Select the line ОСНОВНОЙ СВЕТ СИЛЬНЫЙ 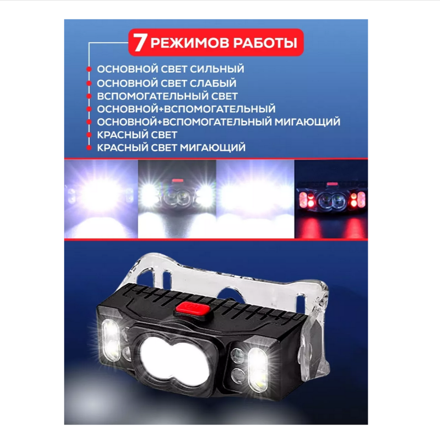pos(170,70)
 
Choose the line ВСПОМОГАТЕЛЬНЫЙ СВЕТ pos(167,96)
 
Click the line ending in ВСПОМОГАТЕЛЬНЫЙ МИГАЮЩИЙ pos(219,122)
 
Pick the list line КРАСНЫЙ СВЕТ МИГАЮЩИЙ pos(171,148)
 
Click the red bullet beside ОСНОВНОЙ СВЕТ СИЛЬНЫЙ pos(89,70)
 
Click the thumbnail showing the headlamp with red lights pos(331,199)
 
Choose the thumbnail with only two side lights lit pos(177,199)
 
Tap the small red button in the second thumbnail pos(177,181)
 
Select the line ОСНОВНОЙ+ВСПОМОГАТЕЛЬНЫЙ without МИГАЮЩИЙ pos(186,109)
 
